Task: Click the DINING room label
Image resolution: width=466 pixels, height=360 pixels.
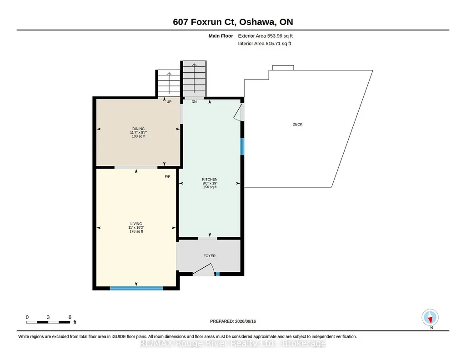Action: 139,129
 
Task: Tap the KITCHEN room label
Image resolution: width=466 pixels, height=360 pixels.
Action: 210,180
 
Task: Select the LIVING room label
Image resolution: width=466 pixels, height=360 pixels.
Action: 136,224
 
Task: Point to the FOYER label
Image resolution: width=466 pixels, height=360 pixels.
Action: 210,256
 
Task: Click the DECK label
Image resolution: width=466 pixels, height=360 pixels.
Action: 297,125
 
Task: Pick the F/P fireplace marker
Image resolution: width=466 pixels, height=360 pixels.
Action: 168,177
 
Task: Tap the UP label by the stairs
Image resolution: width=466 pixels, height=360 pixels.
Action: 169,101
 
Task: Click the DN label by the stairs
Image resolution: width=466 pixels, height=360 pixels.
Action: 194,101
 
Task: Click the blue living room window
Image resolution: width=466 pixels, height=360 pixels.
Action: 136,288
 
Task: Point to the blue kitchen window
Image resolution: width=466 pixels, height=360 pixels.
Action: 242,146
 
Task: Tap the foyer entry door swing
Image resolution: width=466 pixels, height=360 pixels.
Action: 204,270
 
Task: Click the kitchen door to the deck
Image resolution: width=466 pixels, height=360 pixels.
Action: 239,112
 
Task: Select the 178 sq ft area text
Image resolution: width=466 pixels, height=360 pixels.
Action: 136,231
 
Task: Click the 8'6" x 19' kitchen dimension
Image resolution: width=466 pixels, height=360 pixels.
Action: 210,183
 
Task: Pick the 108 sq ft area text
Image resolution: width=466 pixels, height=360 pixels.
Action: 139,136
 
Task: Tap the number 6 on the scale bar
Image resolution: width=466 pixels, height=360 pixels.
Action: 70,317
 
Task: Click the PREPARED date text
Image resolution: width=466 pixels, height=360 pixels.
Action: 233,321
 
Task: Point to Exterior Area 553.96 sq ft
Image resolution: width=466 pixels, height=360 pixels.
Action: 266,36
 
